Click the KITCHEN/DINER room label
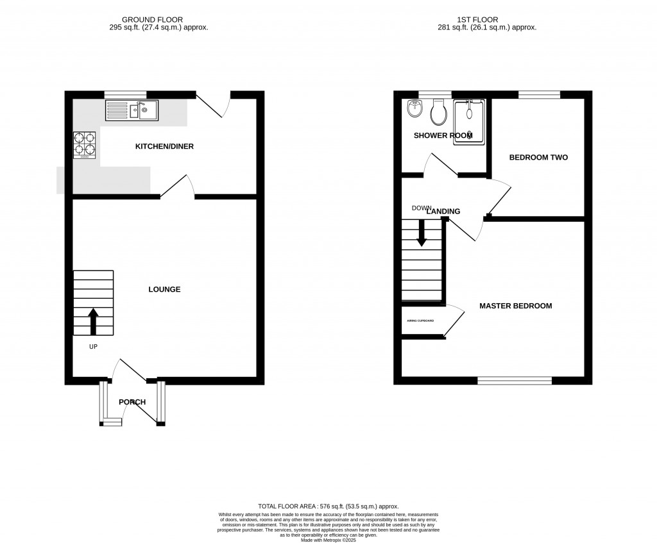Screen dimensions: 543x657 point(164,147)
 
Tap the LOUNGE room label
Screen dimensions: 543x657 point(164,289)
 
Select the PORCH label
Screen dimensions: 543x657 point(132,402)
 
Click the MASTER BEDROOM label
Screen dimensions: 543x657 point(515,306)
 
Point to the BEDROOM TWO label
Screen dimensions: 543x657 point(538,157)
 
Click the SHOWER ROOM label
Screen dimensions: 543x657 point(443,135)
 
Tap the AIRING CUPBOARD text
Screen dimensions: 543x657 point(420,321)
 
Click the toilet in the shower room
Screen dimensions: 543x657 point(439,113)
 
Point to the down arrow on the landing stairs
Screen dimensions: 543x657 point(422,233)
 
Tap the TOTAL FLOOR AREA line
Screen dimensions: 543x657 point(328,506)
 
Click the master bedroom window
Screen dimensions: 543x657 point(515,381)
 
